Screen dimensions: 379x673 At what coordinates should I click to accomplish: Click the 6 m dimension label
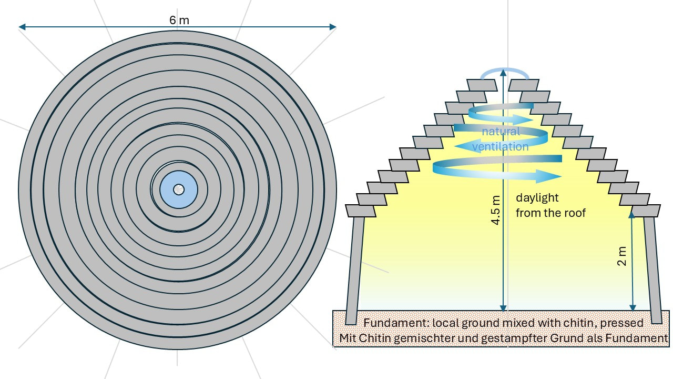179,21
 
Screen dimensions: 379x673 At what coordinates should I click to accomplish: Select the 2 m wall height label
623,256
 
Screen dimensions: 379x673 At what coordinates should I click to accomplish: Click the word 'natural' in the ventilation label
501,132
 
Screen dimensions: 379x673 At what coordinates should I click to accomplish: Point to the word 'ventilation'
500,147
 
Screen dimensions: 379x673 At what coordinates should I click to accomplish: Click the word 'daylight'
537,198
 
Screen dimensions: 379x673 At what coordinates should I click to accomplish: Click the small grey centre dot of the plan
178,189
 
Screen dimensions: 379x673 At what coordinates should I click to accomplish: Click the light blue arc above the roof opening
504,72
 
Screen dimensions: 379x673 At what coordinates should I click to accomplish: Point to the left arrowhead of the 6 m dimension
22,27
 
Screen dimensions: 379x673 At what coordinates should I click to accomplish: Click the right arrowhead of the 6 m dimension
332,27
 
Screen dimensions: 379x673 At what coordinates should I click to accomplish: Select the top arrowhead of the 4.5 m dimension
504,72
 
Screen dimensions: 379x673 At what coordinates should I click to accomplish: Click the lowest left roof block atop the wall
361,211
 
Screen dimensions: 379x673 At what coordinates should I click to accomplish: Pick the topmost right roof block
524,85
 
